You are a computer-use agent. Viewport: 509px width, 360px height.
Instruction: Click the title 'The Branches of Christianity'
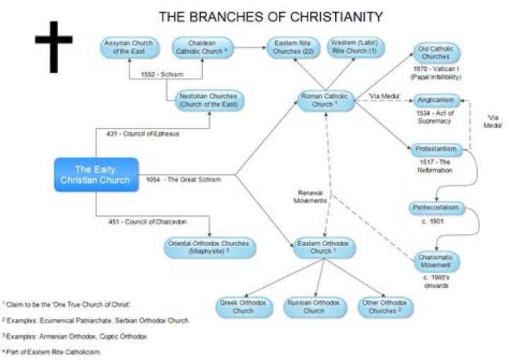[x=271, y=16]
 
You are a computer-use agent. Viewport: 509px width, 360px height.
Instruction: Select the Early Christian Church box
[x=95, y=174]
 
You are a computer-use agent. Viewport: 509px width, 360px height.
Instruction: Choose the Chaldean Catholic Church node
[x=201, y=47]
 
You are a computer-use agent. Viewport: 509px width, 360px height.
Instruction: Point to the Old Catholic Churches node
[x=436, y=53]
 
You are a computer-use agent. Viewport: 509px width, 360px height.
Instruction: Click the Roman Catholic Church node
[x=324, y=100]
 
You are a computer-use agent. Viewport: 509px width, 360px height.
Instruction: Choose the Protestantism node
[x=437, y=150]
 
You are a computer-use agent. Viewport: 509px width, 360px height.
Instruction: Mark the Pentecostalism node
[x=436, y=208]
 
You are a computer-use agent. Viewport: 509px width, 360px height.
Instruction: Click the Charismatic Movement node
[x=435, y=261]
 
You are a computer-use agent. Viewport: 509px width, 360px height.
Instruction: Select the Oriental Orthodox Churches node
[x=210, y=248]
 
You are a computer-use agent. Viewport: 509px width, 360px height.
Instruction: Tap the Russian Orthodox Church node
[x=314, y=306]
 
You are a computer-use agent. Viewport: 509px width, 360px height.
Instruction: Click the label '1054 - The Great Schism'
[x=184, y=180]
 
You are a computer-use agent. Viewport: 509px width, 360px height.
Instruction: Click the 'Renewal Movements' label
[x=310, y=196]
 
